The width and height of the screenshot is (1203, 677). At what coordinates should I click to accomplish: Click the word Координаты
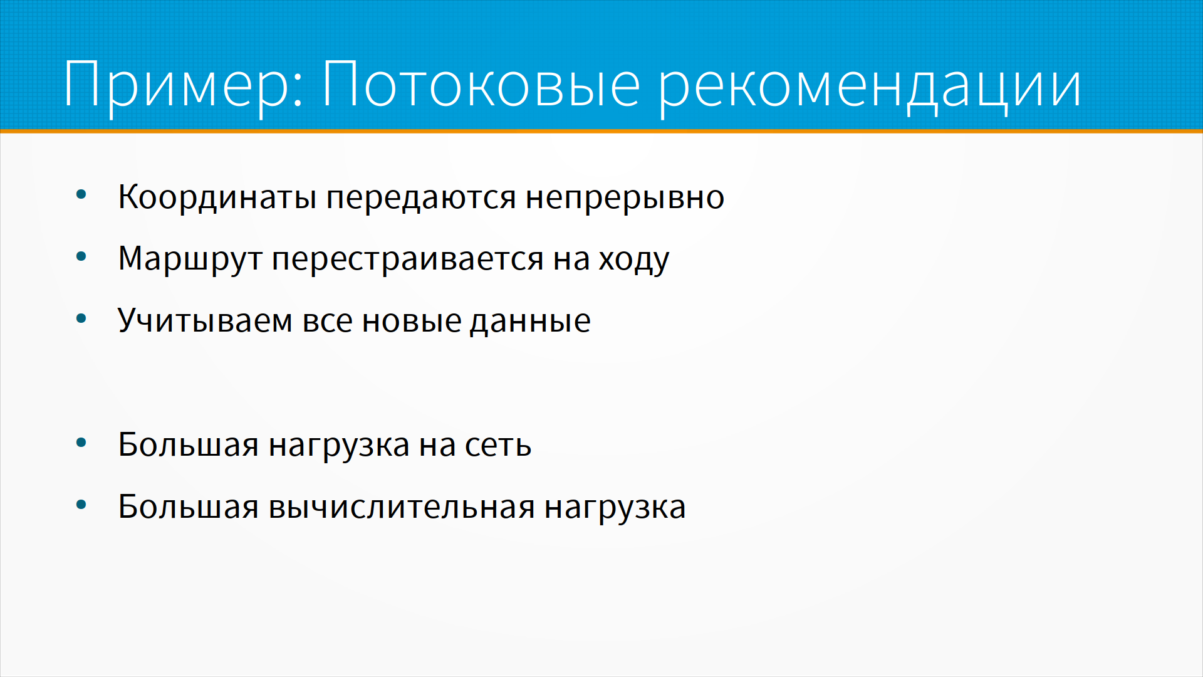tap(217, 197)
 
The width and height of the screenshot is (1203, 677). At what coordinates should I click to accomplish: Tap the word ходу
tap(633, 259)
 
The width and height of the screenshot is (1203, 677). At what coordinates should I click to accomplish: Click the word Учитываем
tap(206, 321)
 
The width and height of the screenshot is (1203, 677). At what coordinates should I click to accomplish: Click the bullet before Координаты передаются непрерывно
tap(81, 195)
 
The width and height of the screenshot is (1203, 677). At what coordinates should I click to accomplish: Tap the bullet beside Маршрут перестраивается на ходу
tap(81, 256)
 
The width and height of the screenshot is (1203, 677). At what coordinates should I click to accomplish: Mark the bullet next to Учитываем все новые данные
tap(81, 318)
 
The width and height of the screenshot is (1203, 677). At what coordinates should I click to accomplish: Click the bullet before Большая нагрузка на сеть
tap(81, 443)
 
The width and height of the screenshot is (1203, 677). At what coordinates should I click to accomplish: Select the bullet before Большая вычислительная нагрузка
tap(81, 505)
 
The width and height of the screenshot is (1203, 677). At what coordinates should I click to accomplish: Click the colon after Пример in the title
tap(298, 89)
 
